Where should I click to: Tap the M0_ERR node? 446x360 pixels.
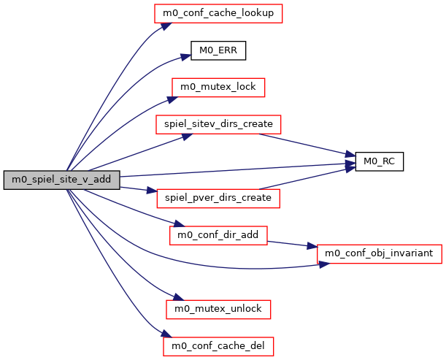pyautogui.click(x=218, y=50)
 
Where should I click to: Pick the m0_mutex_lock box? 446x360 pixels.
pyautogui.click(x=218, y=87)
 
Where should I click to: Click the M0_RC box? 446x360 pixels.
pyautogui.click(x=379, y=161)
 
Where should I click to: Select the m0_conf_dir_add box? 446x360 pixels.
pyautogui.click(x=218, y=235)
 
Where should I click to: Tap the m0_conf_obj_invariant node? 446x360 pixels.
pyautogui.click(x=379, y=253)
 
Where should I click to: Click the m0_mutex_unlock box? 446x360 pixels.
pyautogui.click(x=218, y=309)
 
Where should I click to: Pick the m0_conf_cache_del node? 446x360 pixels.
pyautogui.click(x=218, y=345)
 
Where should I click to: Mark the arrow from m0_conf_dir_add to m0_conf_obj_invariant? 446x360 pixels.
pyautogui.click(x=292, y=244)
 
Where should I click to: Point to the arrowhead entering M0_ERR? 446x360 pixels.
pyautogui.click(x=185, y=54)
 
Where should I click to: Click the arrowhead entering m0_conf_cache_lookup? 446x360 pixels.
pyautogui.click(x=166, y=24)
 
